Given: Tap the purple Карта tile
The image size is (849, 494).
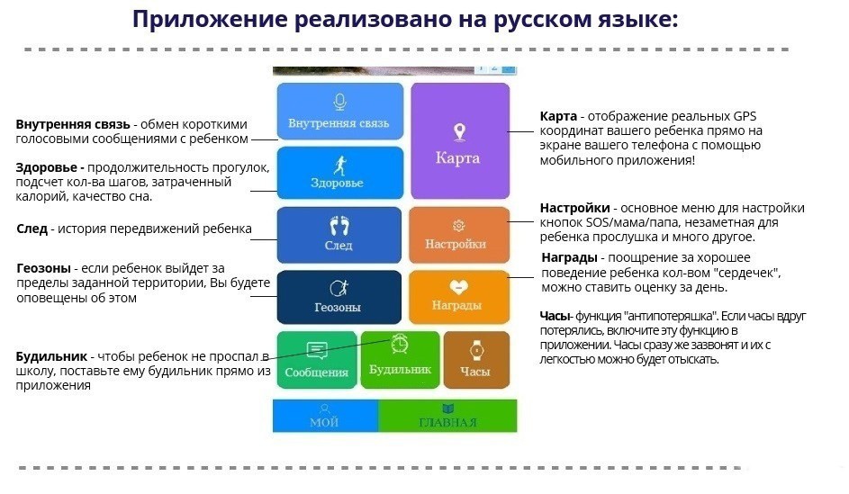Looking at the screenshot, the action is tap(460, 141).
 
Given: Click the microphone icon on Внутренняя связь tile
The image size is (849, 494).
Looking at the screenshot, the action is tap(339, 103).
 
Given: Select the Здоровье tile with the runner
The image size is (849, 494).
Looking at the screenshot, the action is tap(340, 173).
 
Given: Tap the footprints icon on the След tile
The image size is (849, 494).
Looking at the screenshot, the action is tap(339, 226).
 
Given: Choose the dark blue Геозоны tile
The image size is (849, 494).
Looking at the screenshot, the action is tap(339, 297).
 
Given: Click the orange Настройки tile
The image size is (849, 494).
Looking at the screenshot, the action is tap(459, 235).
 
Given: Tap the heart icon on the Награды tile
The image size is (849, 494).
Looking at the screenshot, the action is tap(458, 287).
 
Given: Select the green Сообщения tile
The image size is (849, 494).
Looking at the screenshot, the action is tap(317, 360).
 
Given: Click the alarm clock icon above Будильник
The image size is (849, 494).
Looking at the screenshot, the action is tap(400, 344).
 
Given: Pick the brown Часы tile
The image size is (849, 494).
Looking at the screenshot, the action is tap(476, 360).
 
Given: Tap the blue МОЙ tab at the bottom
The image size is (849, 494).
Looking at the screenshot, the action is tap(325, 416).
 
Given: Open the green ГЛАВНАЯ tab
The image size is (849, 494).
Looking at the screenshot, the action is tap(447, 416).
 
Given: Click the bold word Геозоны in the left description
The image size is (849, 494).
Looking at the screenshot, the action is tap(44, 268).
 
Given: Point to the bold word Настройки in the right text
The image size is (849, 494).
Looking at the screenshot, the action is tap(575, 209).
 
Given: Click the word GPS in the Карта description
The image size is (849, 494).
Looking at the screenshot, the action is tap(745, 116).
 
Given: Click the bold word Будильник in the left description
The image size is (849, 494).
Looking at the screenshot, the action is tap(51, 356).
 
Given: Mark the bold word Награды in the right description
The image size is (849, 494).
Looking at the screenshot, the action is tap(570, 257).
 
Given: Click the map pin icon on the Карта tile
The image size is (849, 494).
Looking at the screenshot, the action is tap(460, 132).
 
